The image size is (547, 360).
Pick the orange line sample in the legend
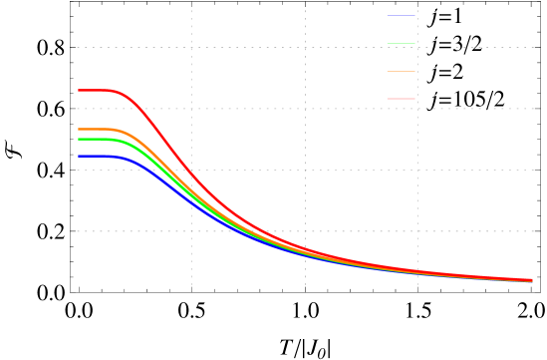tap(401, 71)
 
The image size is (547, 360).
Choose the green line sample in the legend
tap(401, 43)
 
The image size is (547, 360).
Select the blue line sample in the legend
tap(401, 16)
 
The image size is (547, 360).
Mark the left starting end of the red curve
tap(79, 91)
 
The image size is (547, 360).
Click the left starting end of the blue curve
tap(79, 157)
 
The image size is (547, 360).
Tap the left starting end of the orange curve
tap(79, 130)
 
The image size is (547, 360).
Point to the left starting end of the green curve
tap(79, 140)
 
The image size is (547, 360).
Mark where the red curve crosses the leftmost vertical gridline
tap(191, 174)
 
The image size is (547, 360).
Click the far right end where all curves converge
tap(531, 280)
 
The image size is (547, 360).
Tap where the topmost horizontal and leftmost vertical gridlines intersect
tap(191, 47)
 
